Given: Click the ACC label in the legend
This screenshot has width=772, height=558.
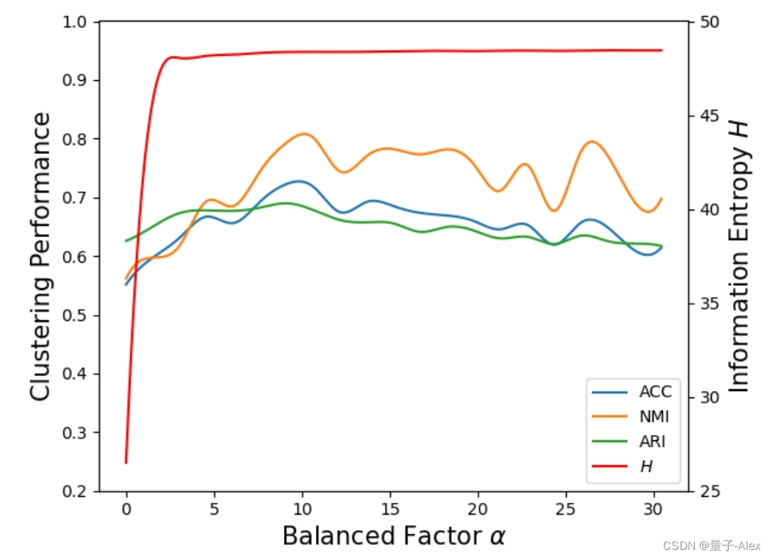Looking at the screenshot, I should pyautogui.click(x=655, y=392).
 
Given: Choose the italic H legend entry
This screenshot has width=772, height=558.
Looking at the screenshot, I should pyautogui.click(x=647, y=467).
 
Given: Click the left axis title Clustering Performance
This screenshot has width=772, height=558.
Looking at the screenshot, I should pyautogui.click(x=41, y=256).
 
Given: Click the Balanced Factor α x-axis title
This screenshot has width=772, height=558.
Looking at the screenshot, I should pyautogui.click(x=394, y=536).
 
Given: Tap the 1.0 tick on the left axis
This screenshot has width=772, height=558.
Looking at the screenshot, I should pyautogui.click(x=77, y=22).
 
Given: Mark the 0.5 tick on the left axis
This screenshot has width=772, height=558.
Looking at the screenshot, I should pyautogui.click(x=77, y=315).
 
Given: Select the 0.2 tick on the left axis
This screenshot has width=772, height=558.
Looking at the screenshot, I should pyautogui.click(x=77, y=491).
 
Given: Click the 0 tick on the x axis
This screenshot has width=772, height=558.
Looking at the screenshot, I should pyautogui.click(x=127, y=509).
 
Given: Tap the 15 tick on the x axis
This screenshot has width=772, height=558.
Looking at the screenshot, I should pyautogui.click(x=390, y=509).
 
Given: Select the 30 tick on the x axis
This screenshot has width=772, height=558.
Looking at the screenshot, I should pyautogui.click(x=654, y=509).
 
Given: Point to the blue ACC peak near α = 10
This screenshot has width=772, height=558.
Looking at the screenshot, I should pyautogui.click(x=298, y=180).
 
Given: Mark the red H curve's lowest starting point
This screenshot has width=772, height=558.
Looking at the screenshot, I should pyautogui.click(x=127, y=462).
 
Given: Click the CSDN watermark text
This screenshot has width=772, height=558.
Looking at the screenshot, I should pyautogui.click(x=711, y=545).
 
